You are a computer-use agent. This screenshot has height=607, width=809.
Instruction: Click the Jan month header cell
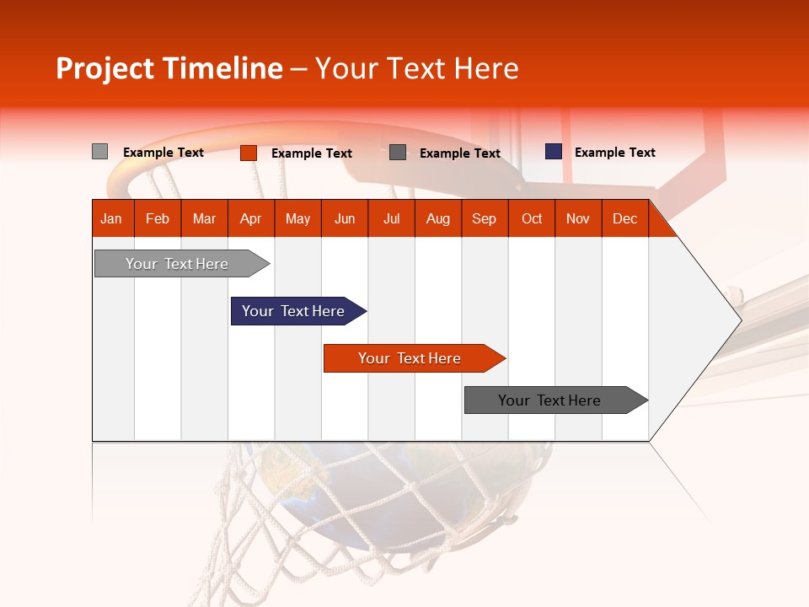(112, 218)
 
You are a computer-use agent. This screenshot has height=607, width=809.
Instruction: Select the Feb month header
(158, 218)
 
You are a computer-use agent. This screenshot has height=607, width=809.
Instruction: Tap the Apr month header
(250, 218)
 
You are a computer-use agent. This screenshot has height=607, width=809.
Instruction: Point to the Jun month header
(345, 218)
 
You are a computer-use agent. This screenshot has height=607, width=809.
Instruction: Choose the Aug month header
(437, 218)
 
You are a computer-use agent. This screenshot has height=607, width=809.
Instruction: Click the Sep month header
(484, 218)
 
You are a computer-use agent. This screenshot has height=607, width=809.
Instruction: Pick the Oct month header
(532, 218)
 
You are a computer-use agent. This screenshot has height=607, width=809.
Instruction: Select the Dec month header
(624, 218)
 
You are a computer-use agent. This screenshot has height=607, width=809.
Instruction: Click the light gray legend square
(99, 152)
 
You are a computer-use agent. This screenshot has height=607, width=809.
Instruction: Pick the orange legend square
(248, 153)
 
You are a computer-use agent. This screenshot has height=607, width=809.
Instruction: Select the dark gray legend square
(398, 153)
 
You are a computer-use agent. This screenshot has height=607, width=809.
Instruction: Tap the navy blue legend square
(553, 152)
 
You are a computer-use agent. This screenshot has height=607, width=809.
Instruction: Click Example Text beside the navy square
(614, 153)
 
